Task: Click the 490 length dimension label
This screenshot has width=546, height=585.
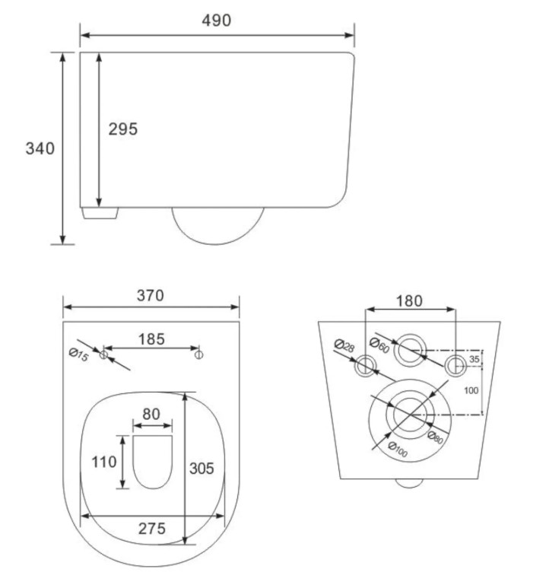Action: [216, 20]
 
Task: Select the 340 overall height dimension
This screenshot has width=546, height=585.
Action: [40, 148]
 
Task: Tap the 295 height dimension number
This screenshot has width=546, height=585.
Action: [123, 129]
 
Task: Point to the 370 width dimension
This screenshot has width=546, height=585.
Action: [151, 295]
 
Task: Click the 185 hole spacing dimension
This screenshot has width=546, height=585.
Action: [151, 339]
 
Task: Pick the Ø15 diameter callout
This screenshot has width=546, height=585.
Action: [79, 354]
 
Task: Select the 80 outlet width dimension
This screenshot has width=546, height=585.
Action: [151, 414]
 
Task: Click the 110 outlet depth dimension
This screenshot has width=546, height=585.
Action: [104, 463]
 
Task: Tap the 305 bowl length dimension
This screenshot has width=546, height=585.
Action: [202, 469]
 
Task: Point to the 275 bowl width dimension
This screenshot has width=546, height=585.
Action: [152, 529]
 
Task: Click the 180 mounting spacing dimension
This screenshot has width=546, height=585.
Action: [409, 301]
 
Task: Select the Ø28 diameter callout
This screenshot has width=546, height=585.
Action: [344, 346]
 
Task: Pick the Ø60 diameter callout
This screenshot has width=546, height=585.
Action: [379, 345]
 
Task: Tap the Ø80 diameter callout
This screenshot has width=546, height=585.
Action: [436, 437]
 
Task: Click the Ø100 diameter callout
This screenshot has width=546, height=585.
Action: [398, 449]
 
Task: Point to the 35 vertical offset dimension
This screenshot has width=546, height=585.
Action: [474, 359]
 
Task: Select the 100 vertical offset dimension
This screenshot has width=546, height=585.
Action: [471, 390]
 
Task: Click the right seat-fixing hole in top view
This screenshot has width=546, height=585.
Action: [198, 354]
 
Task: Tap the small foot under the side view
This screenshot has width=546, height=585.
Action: [100, 213]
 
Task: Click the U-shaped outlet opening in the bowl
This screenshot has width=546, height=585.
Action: [153, 462]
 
